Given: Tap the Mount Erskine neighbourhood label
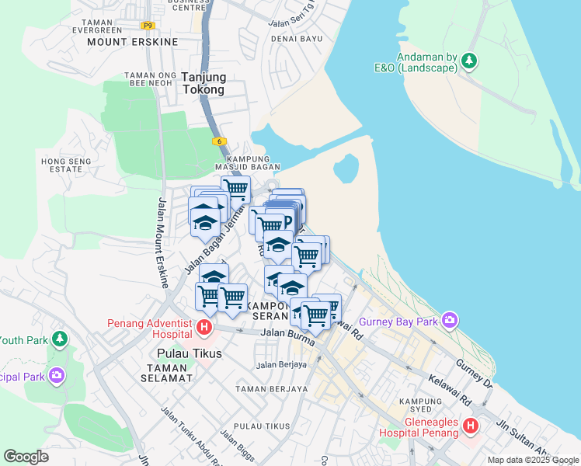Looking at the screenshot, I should [133, 41].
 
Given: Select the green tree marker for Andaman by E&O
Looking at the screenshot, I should [469, 61].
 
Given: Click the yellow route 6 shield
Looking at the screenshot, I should [220, 141].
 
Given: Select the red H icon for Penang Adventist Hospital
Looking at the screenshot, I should [204, 328].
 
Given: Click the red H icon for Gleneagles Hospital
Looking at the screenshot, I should [471, 426].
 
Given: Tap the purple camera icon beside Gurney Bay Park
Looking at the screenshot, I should [450, 320].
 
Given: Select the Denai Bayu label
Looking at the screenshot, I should [295, 38].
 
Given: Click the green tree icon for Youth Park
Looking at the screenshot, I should [59, 339].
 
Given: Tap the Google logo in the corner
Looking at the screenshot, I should [26, 457].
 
